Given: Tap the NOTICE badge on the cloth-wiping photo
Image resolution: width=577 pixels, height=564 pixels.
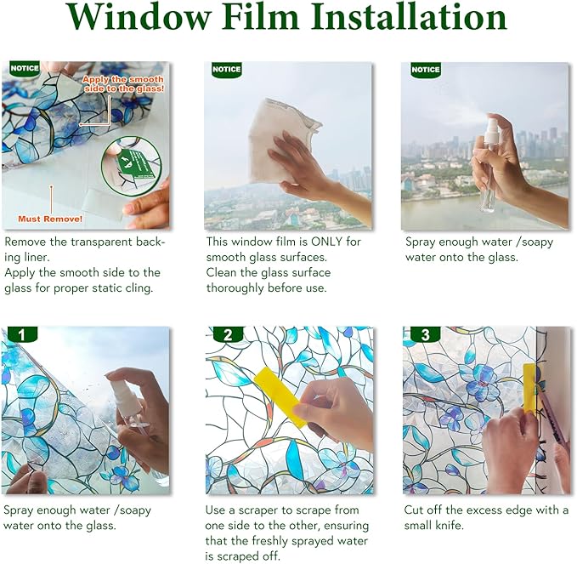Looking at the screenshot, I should click(226, 70).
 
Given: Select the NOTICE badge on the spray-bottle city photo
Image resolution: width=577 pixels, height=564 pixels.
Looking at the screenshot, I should click(425, 70).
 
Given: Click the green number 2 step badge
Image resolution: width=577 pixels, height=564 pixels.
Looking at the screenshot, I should click(227, 335).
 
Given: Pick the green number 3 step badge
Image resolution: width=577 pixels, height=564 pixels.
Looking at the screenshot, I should click(425, 335).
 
